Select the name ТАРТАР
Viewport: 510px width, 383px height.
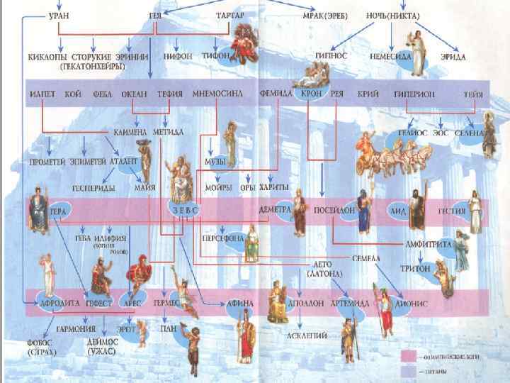coord(230,16)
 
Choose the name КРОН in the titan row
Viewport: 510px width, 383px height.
coord(312,94)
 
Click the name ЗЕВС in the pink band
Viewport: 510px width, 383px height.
coord(182,211)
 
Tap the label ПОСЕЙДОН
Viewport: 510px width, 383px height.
coord(329,211)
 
